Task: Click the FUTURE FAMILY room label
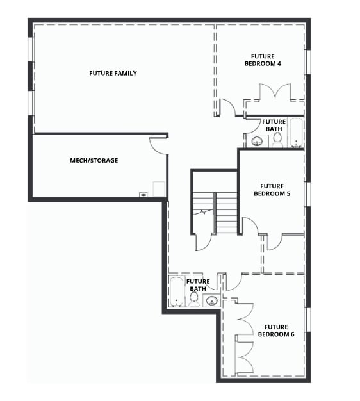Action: pos(113,74)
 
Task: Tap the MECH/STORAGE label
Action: pos(94,161)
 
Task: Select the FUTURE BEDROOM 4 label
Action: pos(263,60)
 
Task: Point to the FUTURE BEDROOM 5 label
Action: pos(272,190)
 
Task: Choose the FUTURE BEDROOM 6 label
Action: pos(276,331)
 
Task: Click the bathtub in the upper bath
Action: pos(296,133)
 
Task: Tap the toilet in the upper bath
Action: pos(277,141)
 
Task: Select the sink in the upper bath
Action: pos(258,141)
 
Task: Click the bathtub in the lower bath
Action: pos(176,291)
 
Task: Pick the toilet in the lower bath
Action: pos(194,299)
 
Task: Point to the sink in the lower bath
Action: pos(211,300)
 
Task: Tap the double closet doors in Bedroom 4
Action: pos(275,92)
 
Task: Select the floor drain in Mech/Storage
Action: pos(143,195)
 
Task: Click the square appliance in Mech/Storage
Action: pos(158,189)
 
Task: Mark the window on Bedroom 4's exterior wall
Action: pos(308,62)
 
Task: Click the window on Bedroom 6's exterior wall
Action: pos(308,320)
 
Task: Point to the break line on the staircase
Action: pos(203,212)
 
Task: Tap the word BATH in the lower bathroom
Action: pos(198,289)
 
